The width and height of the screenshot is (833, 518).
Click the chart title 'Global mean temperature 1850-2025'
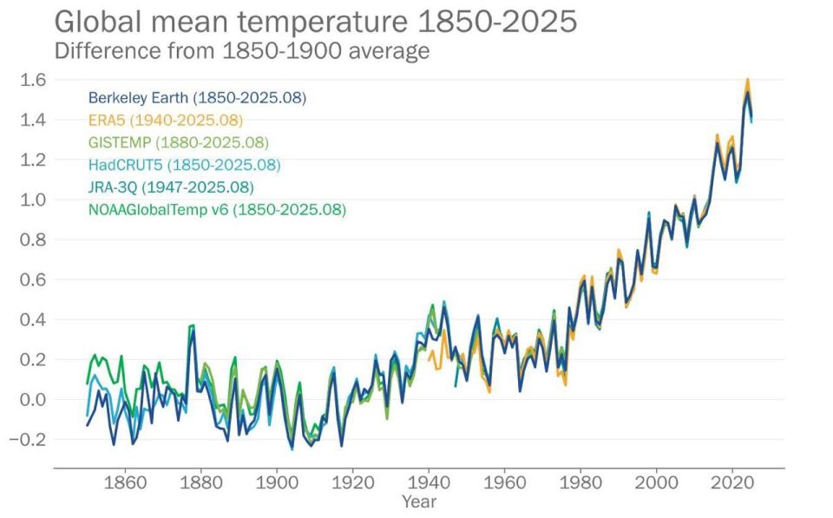click(x=315, y=22)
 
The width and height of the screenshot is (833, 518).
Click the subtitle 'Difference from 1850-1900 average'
click(x=242, y=51)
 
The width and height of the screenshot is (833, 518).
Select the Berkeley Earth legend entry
click(x=197, y=97)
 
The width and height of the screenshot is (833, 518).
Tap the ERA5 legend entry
click(x=165, y=120)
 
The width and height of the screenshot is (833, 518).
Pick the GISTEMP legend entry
click(x=178, y=142)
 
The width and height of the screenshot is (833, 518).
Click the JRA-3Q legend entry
click(x=171, y=187)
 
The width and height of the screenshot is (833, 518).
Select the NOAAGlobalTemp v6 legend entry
click(x=217, y=209)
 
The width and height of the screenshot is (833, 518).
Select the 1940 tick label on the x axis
click(x=429, y=481)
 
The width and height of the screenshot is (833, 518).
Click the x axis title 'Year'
click(x=419, y=502)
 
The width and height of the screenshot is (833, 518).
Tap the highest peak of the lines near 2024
click(x=747, y=81)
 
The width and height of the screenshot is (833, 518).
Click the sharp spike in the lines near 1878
click(x=192, y=326)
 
